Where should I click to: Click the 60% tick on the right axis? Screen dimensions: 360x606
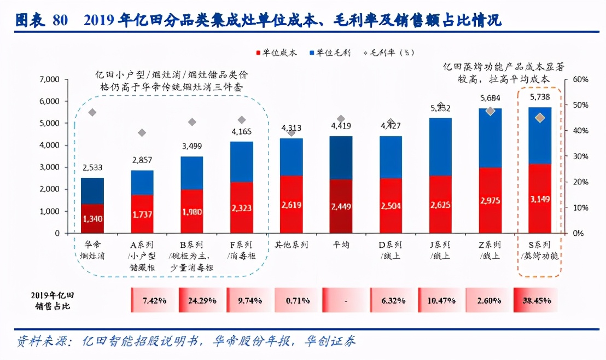(x=579, y=80)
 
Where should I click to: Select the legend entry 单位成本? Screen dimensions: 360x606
(x=279, y=53)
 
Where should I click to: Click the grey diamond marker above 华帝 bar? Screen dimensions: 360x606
(x=92, y=113)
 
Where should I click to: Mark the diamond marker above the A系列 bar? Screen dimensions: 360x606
(x=142, y=132)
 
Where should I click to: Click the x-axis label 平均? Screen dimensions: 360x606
(x=341, y=245)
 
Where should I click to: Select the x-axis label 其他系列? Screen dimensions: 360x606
(x=291, y=245)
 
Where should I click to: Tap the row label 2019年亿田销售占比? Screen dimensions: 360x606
(x=50, y=300)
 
